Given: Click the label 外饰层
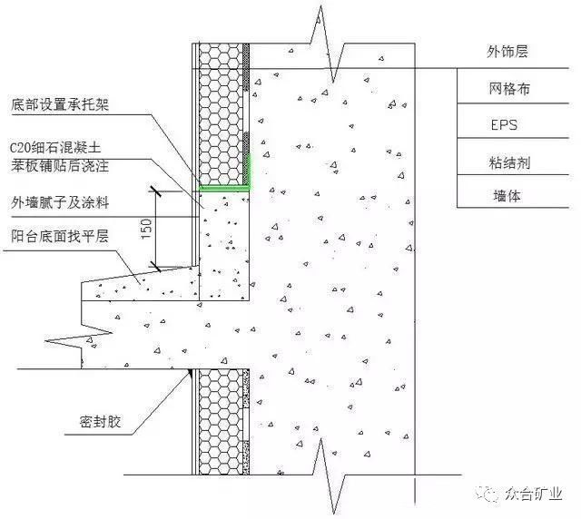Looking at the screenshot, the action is pyautogui.click(x=507, y=51).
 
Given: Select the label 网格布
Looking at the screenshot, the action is pyautogui.click(x=509, y=89).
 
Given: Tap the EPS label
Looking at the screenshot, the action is pyautogui.click(x=504, y=125).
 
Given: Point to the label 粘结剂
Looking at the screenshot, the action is pyautogui.click(x=509, y=162).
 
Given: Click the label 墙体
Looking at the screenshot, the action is pyautogui.click(x=507, y=195).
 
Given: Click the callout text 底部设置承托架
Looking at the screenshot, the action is pyautogui.click(x=60, y=104).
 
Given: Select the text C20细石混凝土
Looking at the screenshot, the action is pyautogui.click(x=55, y=148).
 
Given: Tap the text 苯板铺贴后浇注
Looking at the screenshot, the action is pyautogui.click(x=60, y=166).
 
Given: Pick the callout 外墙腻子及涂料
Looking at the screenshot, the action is pyautogui.click(x=60, y=202).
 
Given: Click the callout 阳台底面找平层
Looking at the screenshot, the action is pyautogui.click(x=60, y=236).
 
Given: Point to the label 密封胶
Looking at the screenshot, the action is pyautogui.click(x=101, y=422).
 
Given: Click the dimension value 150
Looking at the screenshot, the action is pyautogui.click(x=146, y=229).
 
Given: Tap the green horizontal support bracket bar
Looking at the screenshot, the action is pyautogui.click(x=224, y=189).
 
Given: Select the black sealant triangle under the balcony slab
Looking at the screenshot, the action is pyautogui.click(x=190, y=372).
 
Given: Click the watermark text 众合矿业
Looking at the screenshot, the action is pyautogui.click(x=534, y=494).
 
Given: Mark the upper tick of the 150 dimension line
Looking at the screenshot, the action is pyautogui.click(x=155, y=191).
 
